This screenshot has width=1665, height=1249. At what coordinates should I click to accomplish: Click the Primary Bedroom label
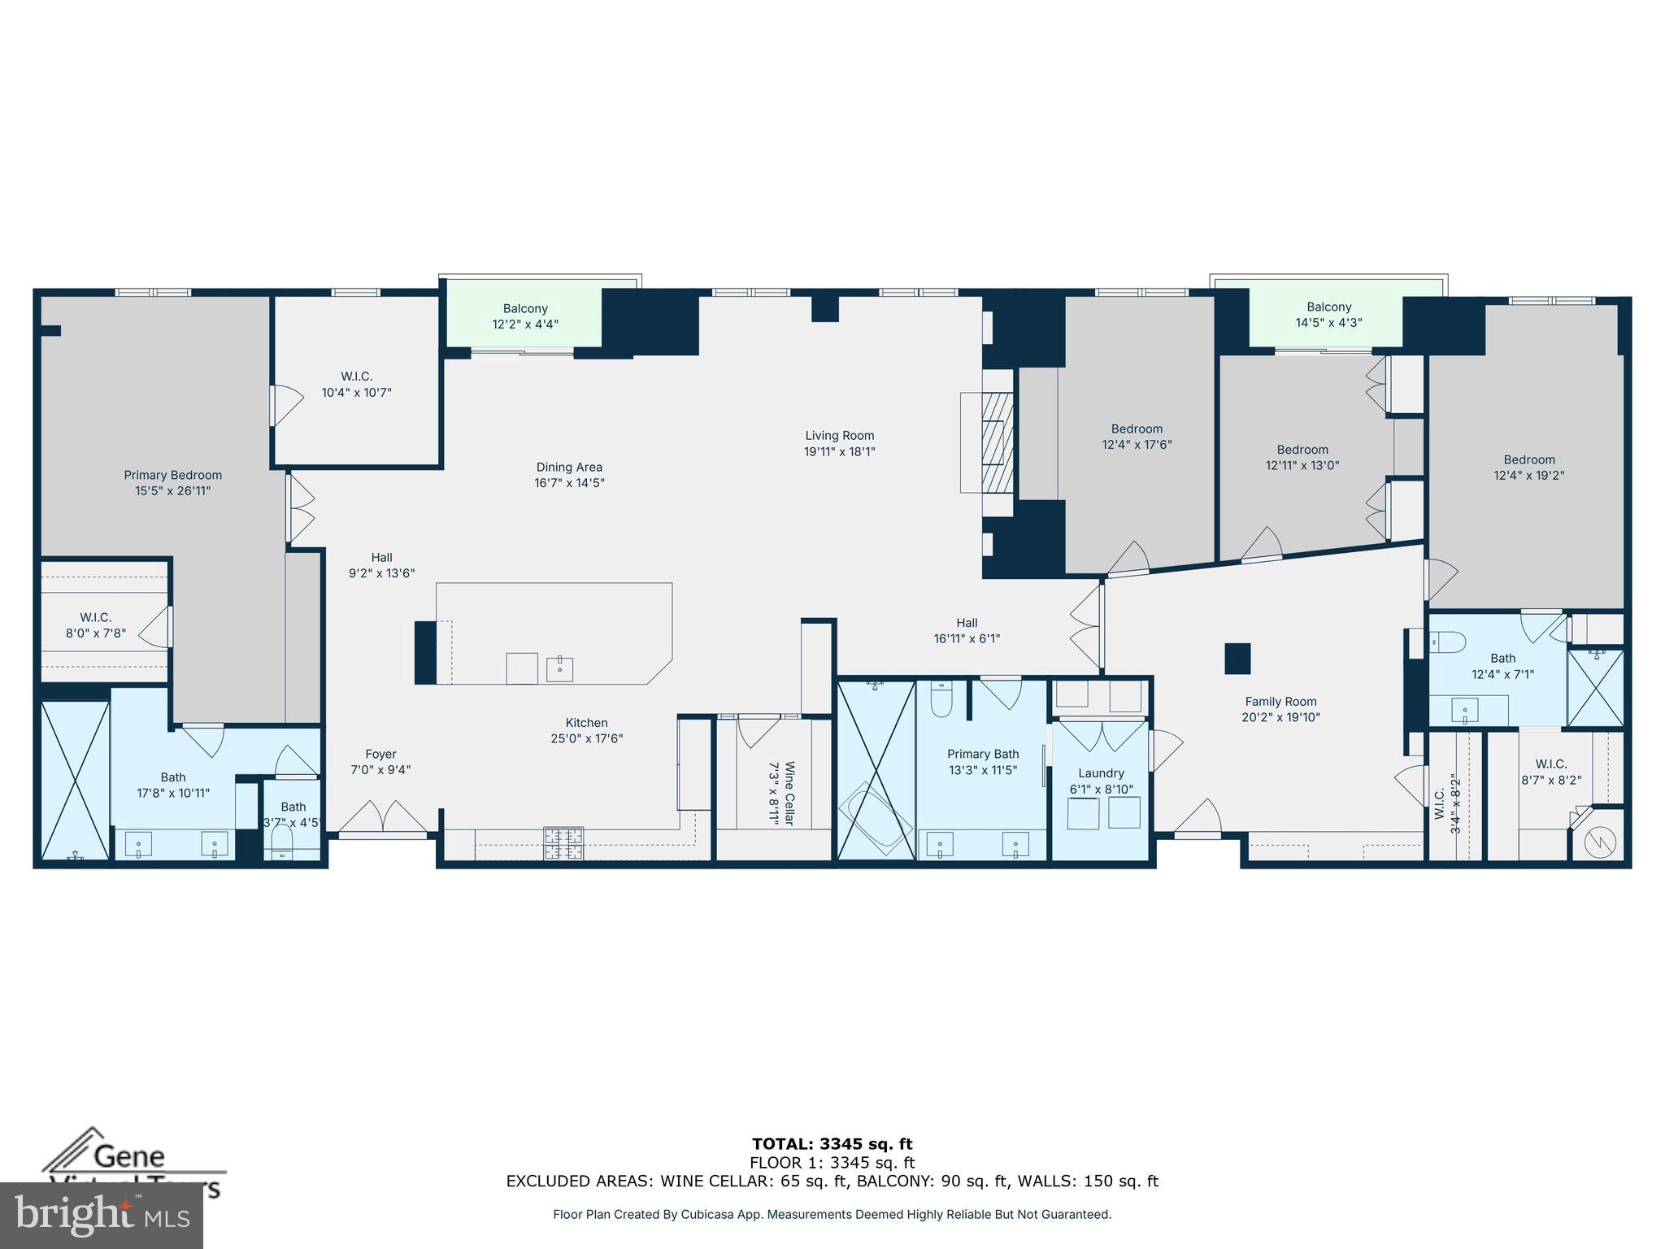coord(172,475)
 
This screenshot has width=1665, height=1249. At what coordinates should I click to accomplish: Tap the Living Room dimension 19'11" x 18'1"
coord(839,452)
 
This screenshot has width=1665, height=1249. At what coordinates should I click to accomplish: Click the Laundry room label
coord(1101,773)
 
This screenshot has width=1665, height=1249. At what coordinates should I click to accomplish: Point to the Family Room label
coord(1280,702)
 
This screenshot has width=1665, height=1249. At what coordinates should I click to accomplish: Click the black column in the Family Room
coord(1237,658)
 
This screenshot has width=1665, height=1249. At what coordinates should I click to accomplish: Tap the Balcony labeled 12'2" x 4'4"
coord(525,316)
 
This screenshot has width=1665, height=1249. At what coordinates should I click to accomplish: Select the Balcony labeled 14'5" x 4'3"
coord(1328,314)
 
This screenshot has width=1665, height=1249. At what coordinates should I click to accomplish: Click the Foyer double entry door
coord(382,817)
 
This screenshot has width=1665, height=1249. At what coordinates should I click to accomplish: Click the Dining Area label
coord(569,467)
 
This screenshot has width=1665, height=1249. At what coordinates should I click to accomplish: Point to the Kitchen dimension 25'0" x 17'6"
coord(586,738)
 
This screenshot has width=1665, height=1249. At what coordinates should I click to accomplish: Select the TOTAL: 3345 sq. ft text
coord(832,1144)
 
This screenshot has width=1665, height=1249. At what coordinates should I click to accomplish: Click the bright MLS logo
coord(102,1215)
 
